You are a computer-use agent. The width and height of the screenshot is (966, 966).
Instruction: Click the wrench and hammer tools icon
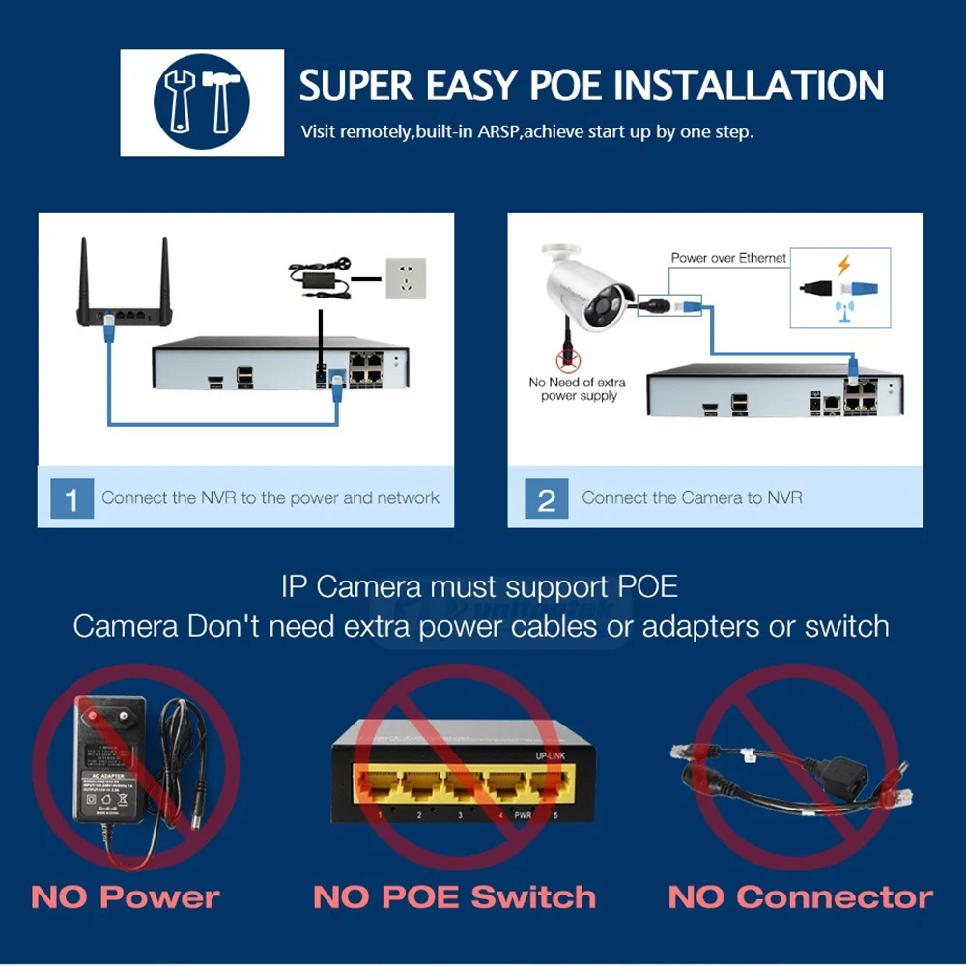pos(202,102)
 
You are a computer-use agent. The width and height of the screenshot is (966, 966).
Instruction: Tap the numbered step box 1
pos(71,499)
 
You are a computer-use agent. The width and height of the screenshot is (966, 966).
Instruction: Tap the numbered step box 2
pos(546,499)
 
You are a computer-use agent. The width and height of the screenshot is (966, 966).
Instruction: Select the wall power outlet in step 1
pos(406,278)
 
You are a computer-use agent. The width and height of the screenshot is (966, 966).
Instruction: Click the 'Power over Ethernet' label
pos(728,258)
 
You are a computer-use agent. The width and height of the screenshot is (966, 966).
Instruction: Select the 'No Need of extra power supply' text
pos(577,389)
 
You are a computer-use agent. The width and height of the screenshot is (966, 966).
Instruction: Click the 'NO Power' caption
pos(126,897)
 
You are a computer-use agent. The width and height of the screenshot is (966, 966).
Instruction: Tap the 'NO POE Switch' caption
pos(454,897)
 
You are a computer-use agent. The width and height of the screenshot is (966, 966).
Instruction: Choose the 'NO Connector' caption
pos(800,897)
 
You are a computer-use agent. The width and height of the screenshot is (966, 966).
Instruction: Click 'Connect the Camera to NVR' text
pos(692,498)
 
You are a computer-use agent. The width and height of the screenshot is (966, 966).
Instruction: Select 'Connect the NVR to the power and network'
pos(270,498)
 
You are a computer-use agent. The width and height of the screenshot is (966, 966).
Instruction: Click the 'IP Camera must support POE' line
pos(479,586)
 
